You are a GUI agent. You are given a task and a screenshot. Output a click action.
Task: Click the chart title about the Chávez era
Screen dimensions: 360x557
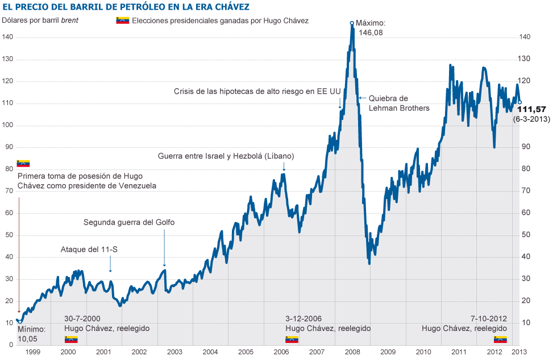126,7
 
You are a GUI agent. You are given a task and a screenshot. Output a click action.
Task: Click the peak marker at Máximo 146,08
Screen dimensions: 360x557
352,23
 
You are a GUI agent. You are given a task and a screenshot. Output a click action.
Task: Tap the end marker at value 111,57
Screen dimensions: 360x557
520,102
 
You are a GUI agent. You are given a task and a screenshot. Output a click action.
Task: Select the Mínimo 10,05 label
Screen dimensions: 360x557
30,334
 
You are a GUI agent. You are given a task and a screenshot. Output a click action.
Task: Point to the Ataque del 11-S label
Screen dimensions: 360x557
89,250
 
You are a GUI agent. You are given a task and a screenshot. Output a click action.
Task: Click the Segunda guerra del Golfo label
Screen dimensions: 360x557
128,222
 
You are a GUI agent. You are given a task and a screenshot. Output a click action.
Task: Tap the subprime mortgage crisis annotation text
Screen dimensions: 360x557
257,91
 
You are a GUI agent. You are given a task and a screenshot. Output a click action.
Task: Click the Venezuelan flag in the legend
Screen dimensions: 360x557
122,20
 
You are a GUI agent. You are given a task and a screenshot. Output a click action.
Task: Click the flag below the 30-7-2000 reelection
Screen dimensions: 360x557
71,340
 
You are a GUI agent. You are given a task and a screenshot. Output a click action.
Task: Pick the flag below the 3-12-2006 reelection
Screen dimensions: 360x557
292,340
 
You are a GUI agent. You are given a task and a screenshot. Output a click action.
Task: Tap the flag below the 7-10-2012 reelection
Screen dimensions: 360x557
500,340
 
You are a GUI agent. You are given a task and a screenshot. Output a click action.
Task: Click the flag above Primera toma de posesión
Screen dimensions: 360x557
23,164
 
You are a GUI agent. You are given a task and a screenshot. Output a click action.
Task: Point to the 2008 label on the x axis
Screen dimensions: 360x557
352,353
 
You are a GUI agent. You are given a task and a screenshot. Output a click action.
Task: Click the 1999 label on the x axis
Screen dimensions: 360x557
33,353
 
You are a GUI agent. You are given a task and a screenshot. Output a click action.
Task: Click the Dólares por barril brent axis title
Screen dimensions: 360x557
40,20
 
